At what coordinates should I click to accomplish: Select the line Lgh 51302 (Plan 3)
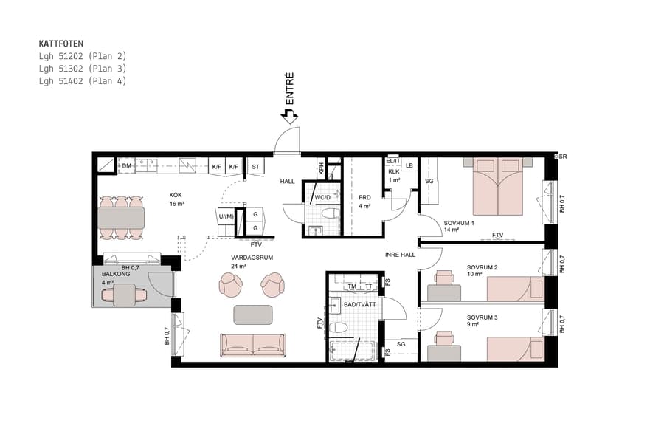click(x=82, y=69)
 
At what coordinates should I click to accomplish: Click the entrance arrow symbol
click(x=289, y=115)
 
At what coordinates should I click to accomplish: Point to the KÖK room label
click(x=176, y=195)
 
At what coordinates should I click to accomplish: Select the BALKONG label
click(x=114, y=274)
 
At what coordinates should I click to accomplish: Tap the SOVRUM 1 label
click(x=459, y=222)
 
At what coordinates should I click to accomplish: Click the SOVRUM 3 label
click(x=482, y=318)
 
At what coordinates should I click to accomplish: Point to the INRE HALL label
click(x=401, y=255)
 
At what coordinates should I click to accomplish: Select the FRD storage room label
click(x=364, y=198)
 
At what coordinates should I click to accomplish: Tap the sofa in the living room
click(x=253, y=344)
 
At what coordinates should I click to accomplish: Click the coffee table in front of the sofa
click(x=253, y=315)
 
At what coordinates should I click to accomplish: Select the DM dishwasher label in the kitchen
click(x=127, y=166)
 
